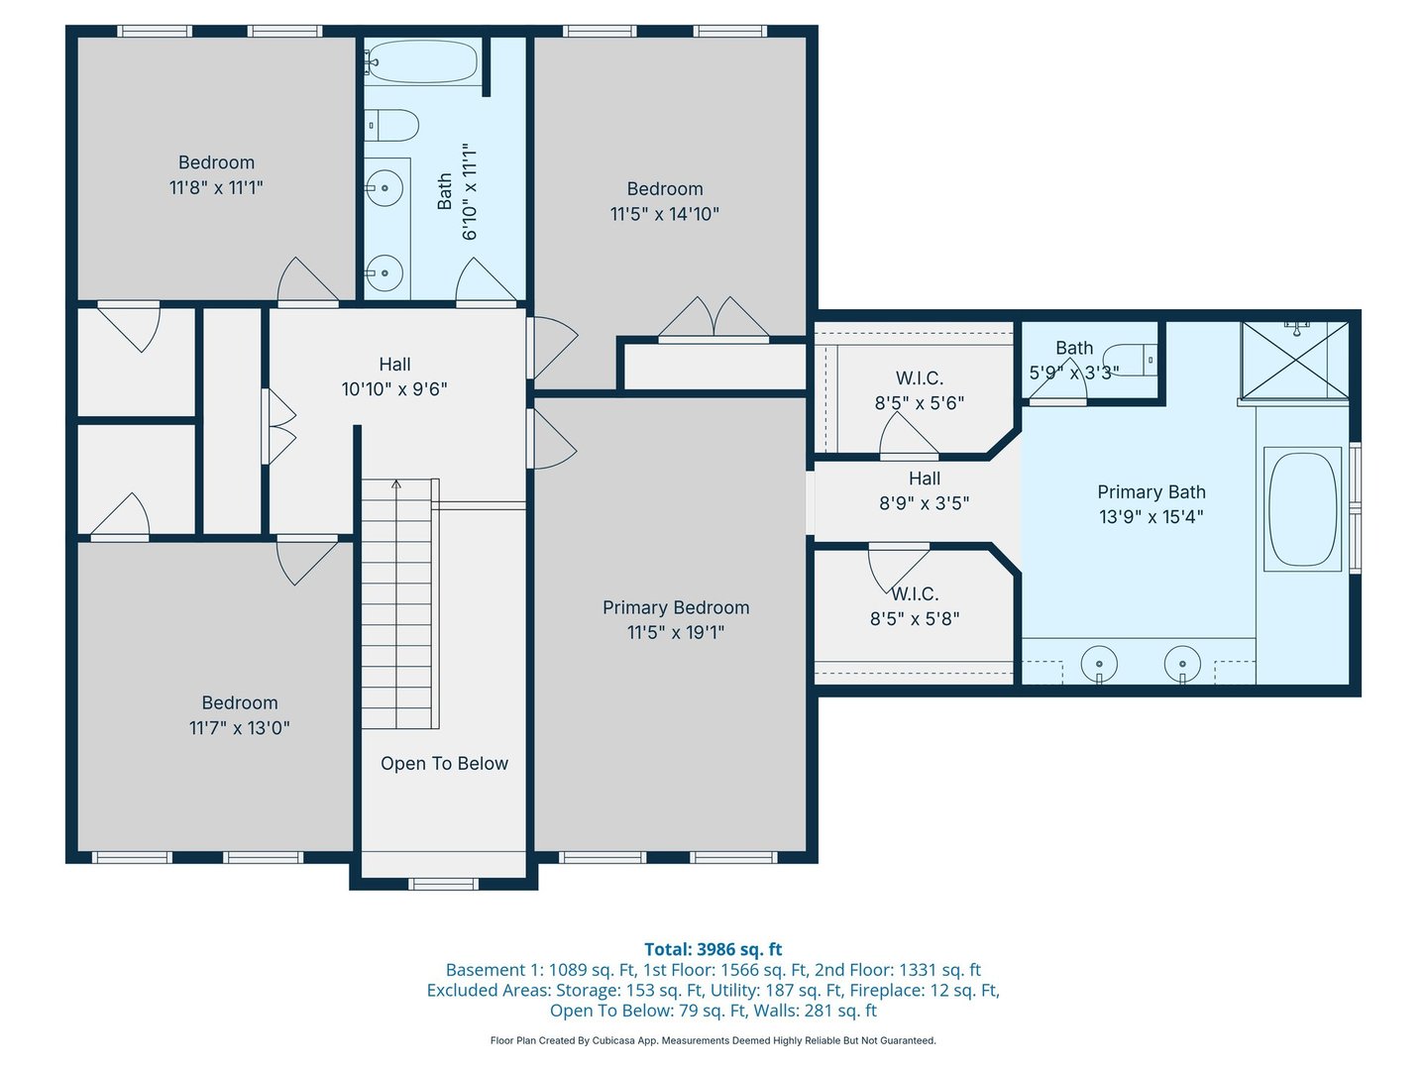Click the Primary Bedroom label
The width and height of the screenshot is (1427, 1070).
pos(676,607)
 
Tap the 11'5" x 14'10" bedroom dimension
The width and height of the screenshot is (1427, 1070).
pos(664,214)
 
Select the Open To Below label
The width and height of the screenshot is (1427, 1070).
pos(444,763)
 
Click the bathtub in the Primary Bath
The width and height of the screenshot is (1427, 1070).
pos(1302,508)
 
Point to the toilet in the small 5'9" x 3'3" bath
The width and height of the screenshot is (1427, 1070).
pos(1131,360)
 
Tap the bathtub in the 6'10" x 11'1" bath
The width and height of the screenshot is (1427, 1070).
pos(421,61)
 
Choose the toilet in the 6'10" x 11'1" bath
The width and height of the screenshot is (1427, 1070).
pos(390,126)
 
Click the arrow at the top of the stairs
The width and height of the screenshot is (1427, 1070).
pos(396,484)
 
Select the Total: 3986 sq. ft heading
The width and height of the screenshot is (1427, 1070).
pos(713,949)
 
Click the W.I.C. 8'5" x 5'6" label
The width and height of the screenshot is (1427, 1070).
pos(920,390)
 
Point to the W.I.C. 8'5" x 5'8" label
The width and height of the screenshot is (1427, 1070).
pos(915,606)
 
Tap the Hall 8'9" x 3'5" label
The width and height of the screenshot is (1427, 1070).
pos(924,490)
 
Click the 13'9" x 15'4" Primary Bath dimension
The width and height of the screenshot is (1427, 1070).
pos(1151,516)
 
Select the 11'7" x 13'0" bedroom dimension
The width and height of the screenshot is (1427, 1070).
pos(239,727)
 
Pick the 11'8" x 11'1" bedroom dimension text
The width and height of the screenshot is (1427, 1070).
pos(216,188)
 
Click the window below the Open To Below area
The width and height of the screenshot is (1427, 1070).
pos(443,884)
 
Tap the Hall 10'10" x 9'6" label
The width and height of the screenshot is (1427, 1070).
pos(394,376)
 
